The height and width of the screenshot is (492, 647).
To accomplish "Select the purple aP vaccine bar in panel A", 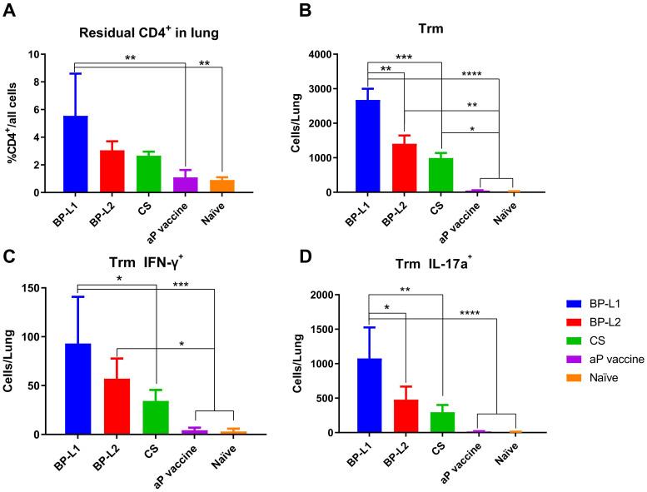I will tap(186, 184).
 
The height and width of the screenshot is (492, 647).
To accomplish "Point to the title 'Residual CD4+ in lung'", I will tap(147, 34).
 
